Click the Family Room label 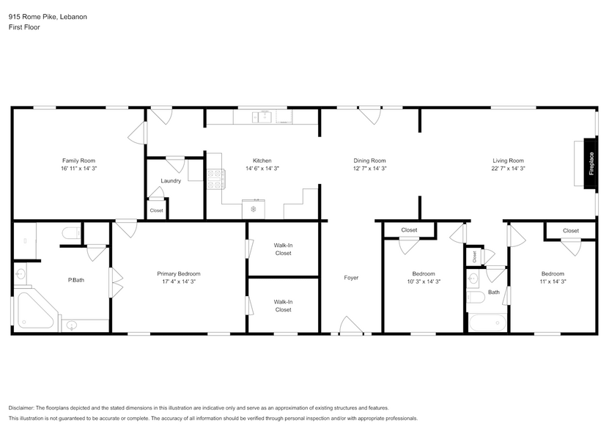[78, 161]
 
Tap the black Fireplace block [590, 163]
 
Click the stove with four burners [216, 179]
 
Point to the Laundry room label [171, 181]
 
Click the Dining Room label [369, 161]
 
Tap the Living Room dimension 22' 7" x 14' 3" [508, 169]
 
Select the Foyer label [351, 278]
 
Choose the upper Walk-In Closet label [283, 249]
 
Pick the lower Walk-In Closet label [283, 306]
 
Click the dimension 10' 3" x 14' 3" [423, 281]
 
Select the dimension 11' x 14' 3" [553, 281]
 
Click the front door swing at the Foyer [350, 326]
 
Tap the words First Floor [24, 27]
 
